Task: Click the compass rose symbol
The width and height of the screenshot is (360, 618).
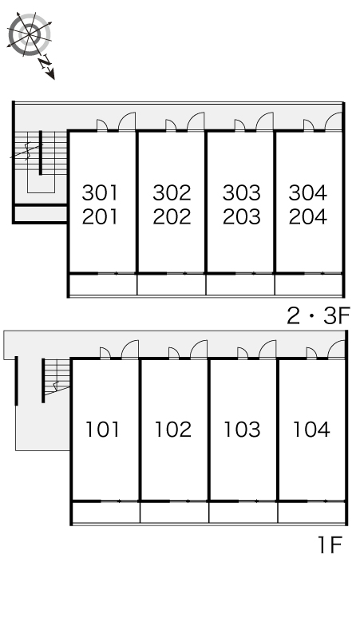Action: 30,34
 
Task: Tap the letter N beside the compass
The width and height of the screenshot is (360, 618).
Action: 45,61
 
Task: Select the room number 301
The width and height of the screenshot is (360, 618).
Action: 100,192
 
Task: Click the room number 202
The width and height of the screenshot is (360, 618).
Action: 172,216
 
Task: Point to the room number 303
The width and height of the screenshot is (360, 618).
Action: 241,192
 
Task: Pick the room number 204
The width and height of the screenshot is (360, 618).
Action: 307,216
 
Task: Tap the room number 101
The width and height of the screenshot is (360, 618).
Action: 102,430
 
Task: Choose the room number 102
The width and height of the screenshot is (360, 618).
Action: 173,430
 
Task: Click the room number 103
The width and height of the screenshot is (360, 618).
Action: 242,430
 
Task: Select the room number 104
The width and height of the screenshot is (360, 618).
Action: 311,430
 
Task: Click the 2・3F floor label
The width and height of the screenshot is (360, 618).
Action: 318,316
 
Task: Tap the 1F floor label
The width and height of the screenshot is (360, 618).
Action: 330,545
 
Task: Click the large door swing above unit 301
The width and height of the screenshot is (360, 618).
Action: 127,121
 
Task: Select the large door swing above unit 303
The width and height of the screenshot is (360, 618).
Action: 265,121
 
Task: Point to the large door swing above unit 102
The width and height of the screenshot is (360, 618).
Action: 199,349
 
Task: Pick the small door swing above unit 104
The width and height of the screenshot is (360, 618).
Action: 311,353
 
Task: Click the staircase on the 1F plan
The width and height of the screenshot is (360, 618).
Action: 57,376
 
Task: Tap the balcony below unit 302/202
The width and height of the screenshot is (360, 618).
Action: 172,284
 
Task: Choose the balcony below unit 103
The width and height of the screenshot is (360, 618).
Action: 243,513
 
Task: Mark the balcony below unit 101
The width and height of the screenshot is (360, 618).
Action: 106,513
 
